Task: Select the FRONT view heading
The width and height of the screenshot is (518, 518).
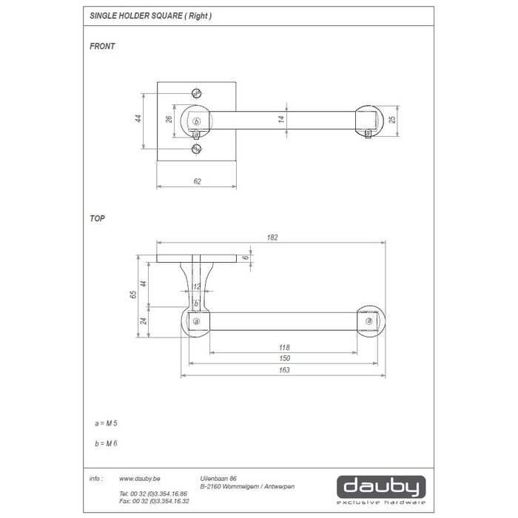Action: point(101,46)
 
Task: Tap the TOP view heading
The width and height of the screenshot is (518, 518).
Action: point(96,219)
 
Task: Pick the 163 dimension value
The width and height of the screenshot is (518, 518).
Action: point(283,370)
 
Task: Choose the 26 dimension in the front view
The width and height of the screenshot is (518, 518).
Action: point(169,119)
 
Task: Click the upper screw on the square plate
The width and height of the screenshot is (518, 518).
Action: point(196,93)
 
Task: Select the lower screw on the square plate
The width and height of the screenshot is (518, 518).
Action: point(196,149)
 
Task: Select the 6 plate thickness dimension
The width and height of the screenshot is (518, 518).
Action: point(257,259)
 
